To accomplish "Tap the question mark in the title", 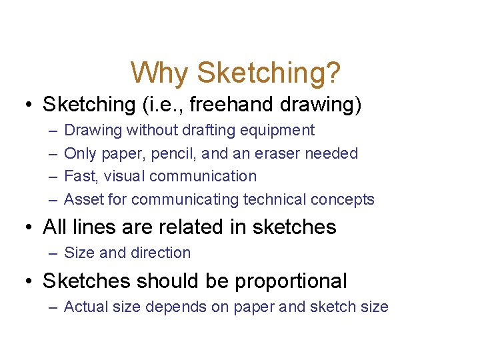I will (x=333, y=73).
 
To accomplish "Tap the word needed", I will (x=331, y=153).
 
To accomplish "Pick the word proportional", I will (x=291, y=281).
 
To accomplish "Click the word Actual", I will (x=83, y=307).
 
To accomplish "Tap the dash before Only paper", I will (x=52, y=153).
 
